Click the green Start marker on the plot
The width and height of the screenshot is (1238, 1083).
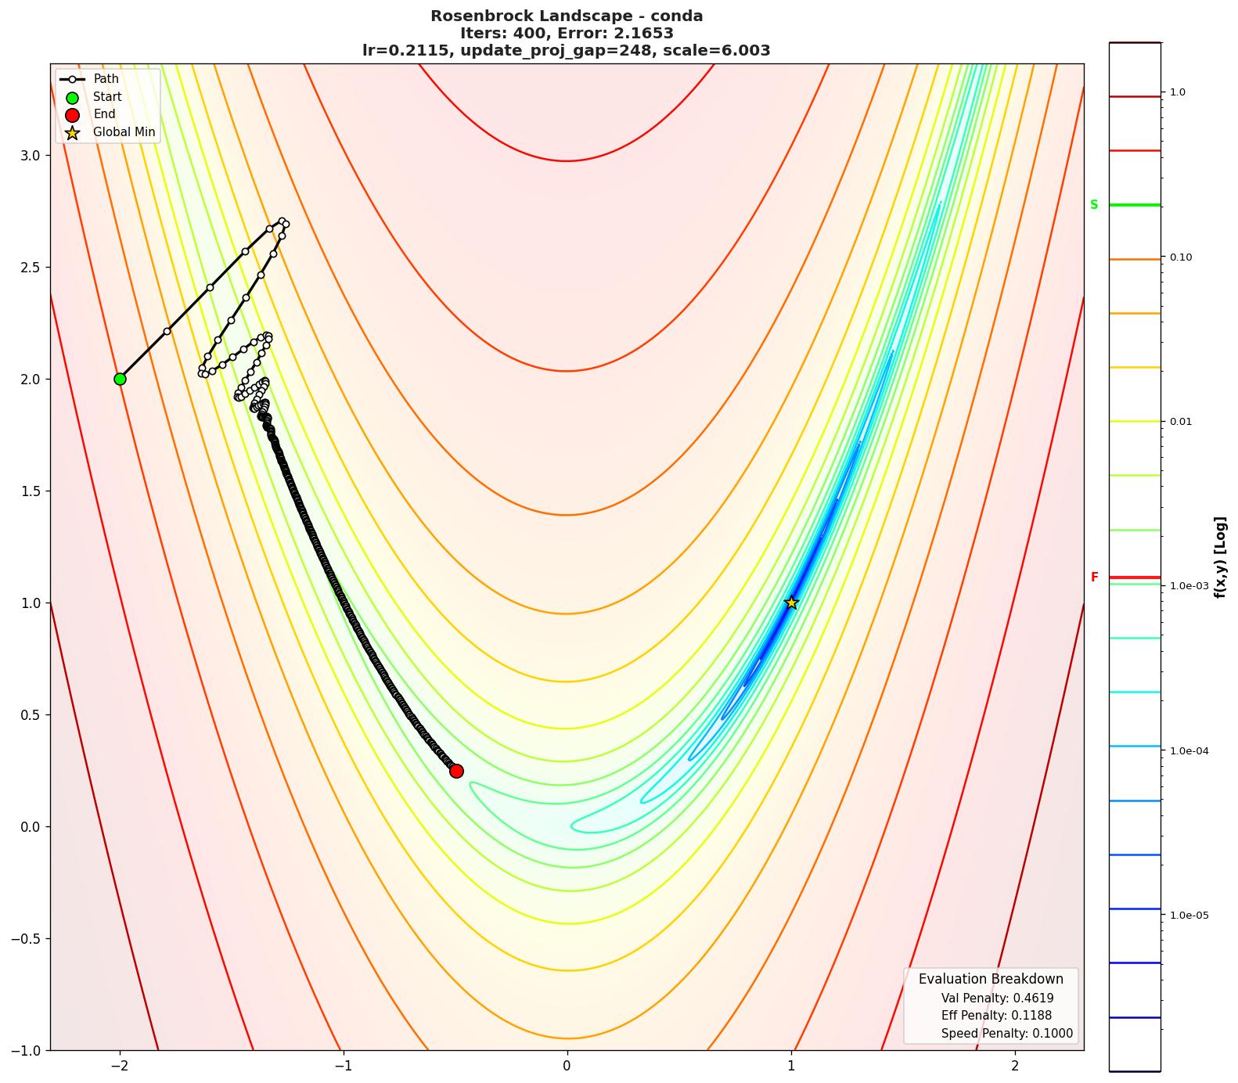pos(120,379)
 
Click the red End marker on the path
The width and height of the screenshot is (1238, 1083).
pos(456,771)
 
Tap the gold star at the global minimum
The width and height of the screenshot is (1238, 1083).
pos(791,602)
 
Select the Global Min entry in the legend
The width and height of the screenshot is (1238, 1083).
pos(124,132)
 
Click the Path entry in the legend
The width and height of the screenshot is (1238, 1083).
pos(106,79)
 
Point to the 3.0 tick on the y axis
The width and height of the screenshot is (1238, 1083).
pos(29,155)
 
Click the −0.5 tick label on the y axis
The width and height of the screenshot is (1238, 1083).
pos(26,938)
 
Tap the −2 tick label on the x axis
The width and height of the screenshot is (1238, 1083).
pos(120,1066)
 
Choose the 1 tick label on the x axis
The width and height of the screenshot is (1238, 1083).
pos(791,1066)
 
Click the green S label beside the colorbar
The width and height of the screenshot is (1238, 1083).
pos(1094,205)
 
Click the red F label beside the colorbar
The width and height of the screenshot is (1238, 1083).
pos(1094,577)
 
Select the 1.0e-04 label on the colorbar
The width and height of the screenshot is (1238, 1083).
pos(1189,751)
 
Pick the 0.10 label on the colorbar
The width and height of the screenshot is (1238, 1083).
pos(1181,257)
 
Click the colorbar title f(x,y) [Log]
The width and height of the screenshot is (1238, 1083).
pos(1219,556)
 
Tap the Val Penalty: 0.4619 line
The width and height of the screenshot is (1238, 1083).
pos(997,998)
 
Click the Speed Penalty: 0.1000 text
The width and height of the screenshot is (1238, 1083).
pos(1006,1034)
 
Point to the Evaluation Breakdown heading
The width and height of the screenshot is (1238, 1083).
pos(991,979)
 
